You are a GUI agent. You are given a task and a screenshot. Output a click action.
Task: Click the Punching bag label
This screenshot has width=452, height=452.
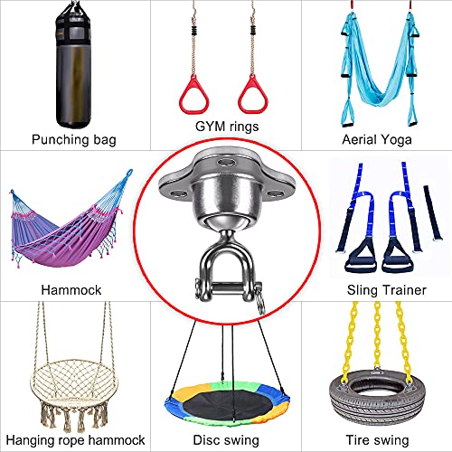click(74, 140)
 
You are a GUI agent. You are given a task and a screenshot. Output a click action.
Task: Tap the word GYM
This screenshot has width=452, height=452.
click(210, 126)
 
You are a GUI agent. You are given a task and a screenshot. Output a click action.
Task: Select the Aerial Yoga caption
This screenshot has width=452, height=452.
click(377, 140)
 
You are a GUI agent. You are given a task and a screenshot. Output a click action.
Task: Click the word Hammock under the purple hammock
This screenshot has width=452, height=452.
click(71, 290)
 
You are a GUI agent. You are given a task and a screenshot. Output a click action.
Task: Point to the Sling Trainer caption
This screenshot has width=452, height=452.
click(387, 290)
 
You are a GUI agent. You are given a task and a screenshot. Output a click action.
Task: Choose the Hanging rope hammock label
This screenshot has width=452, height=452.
click(75, 440)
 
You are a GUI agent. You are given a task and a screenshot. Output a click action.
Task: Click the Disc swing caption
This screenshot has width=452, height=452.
click(226, 440)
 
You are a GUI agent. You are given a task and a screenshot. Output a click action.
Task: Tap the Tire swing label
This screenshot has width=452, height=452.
click(377, 440)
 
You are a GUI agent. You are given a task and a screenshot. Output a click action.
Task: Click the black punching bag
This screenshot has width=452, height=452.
click(73, 66)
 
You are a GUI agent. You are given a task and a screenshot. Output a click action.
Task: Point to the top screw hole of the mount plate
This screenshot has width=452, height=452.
click(227, 163)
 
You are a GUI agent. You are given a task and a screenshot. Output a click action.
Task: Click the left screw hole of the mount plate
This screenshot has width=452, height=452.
click(178, 193)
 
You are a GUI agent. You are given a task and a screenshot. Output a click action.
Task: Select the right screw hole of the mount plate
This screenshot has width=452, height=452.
click(276, 193)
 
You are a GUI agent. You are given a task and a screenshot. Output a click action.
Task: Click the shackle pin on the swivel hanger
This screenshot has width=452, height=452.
click(228, 288)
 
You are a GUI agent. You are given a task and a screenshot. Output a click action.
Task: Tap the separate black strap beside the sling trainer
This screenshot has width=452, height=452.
click(433, 212)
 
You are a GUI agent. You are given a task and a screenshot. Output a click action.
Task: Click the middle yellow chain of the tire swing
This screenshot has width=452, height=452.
click(377, 336)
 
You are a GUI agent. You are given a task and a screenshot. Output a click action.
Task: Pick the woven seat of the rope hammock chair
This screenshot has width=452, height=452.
click(74, 382)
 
